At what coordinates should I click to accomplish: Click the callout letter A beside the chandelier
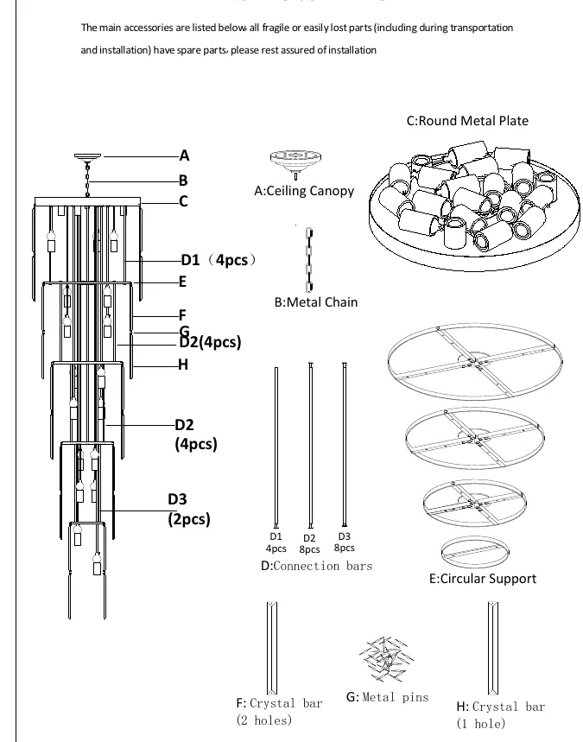click(184, 155)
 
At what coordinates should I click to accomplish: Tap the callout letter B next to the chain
click(183, 181)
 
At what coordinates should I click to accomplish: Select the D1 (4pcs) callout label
click(219, 260)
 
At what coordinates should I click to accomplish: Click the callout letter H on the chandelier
click(183, 365)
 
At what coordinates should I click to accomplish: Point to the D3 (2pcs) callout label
click(189, 509)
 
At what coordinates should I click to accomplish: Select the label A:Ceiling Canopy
click(304, 191)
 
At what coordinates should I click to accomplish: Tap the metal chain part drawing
click(309, 259)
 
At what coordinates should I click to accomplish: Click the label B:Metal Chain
click(316, 302)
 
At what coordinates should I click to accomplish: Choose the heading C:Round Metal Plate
click(467, 121)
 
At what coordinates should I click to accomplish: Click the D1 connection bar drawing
click(276, 447)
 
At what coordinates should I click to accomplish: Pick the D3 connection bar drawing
click(345, 444)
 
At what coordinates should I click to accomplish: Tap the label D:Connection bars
click(317, 566)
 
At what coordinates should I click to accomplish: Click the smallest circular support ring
click(475, 538)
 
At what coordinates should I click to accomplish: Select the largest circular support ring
click(475, 325)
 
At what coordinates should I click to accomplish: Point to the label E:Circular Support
click(483, 579)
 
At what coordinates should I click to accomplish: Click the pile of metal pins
click(386, 659)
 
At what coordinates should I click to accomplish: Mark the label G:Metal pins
click(388, 697)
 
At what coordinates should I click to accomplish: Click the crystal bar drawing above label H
click(493, 648)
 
